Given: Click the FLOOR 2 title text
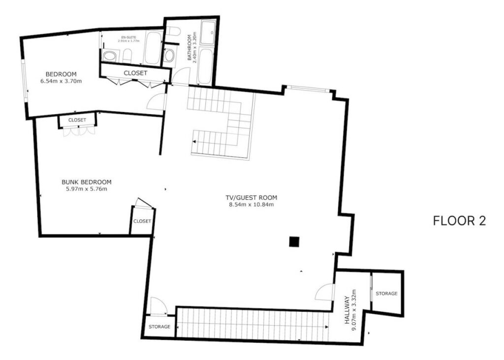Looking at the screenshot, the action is (459, 221).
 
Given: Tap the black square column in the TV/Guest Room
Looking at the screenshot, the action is (294, 241).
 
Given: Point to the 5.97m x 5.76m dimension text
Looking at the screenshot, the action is (87, 189).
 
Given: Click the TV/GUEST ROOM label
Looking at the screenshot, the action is (252, 198).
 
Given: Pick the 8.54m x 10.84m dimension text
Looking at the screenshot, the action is (252, 204).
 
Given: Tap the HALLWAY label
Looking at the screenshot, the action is (347, 310).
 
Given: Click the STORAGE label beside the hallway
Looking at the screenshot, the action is (386, 294).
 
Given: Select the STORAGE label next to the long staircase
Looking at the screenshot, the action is (159, 327).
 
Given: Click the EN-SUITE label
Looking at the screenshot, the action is (128, 37).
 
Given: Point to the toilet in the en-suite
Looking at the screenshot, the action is (127, 56).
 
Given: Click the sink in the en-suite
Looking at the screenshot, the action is (110, 56).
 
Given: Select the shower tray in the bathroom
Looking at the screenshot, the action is (208, 32).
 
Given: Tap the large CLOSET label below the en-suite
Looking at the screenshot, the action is (135, 73).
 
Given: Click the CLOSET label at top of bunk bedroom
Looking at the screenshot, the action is (77, 120).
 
